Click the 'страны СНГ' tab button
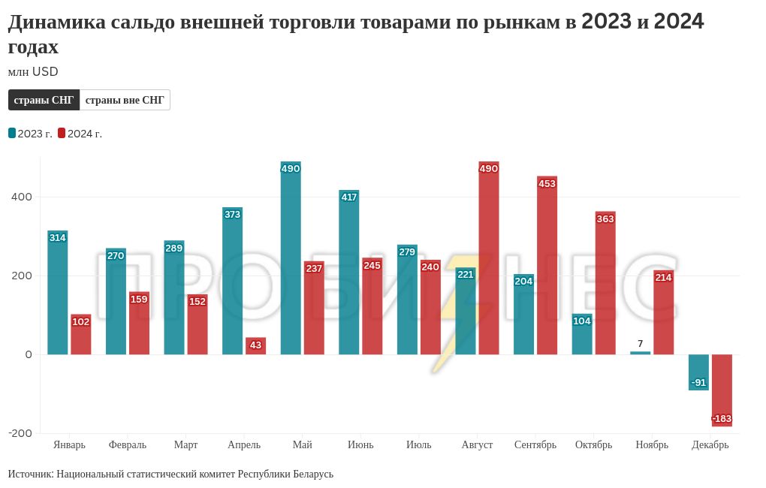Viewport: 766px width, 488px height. point(44,100)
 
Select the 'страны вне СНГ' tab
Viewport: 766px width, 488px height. point(125,100)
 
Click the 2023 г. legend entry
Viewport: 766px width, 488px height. point(30,134)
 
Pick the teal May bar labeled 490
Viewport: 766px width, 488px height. point(291,258)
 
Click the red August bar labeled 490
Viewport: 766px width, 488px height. point(489,258)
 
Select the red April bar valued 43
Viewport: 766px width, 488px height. point(255,346)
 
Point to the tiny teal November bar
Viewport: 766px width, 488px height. point(641,353)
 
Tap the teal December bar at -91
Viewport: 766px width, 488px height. point(698,372)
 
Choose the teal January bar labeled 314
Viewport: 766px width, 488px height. point(58,293)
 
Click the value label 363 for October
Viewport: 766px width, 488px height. point(605,219)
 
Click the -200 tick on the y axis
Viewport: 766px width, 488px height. point(20,433)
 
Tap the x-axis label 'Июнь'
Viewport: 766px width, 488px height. point(360,444)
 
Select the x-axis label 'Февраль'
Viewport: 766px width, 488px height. point(128,444)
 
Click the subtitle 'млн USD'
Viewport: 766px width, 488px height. point(33,72)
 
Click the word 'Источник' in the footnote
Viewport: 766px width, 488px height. point(30,474)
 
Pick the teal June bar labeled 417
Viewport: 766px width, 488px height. point(348,273)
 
